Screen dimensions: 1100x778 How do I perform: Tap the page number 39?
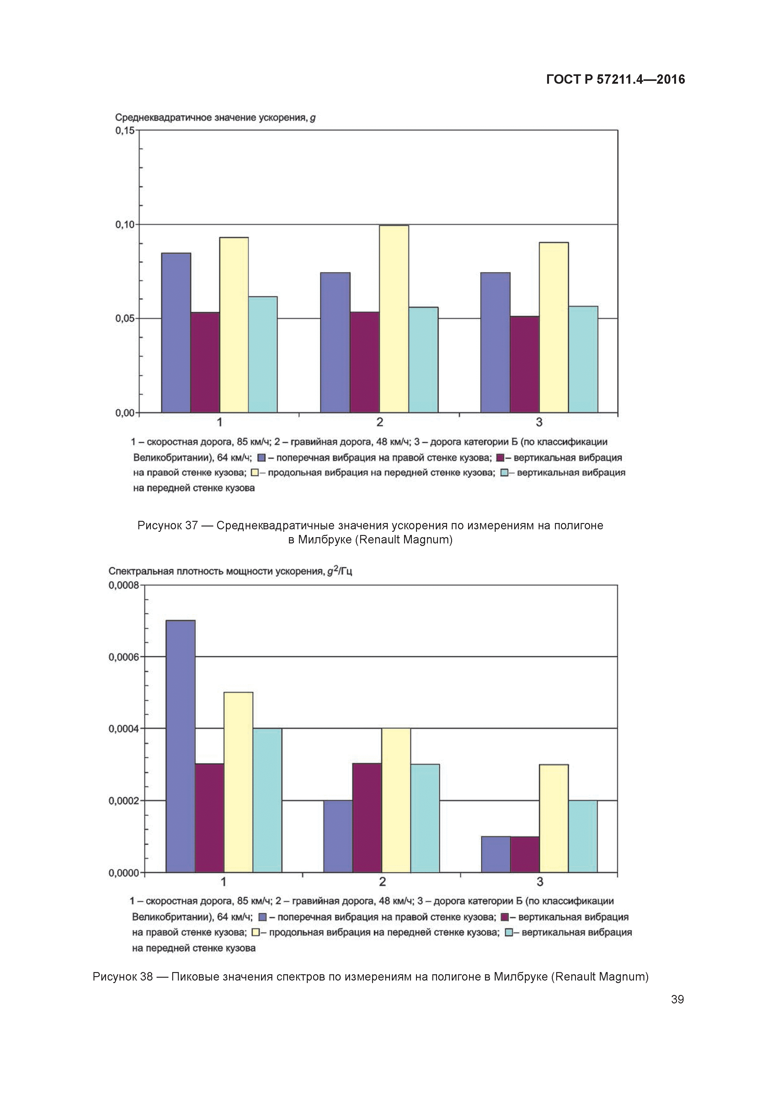677,999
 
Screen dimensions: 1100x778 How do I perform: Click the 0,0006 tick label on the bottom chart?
123,657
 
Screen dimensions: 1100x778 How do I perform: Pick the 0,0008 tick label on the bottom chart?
123,585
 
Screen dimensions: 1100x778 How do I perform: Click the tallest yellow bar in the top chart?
394,319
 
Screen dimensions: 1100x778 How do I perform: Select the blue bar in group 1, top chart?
176,332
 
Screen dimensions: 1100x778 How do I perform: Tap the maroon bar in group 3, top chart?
525,364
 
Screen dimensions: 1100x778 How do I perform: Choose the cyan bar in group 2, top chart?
423,359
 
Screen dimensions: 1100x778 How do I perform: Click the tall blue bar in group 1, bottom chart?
180,746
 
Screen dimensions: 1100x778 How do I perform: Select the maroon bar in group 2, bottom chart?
367,817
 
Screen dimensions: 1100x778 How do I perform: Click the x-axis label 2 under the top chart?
380,422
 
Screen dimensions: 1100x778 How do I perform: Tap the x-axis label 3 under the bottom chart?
540,881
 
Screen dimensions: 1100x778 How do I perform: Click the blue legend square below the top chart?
261,457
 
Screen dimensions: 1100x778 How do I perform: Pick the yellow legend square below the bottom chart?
255,932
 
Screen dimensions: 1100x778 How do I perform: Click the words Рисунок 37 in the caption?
167,526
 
